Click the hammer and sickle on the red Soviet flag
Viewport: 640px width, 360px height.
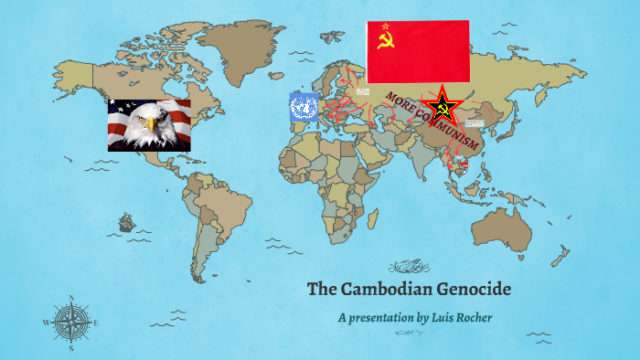click(386, 39)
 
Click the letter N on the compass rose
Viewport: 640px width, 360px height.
click(70, 297)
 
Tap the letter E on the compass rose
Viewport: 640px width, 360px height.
click(97, 322)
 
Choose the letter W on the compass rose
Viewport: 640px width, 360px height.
click(45, 323)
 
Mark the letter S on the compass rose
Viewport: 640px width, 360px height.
click(70, 347)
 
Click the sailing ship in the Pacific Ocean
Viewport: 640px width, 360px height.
click(125, 222)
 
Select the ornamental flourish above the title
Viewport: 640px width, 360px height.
click(409, 267)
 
